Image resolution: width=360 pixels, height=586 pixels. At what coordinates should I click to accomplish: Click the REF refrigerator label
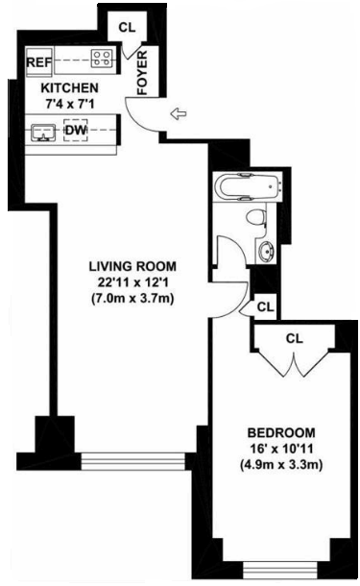pyautogui.click(x=38, y=62)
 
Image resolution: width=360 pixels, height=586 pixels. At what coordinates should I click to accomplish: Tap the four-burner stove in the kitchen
pyautogui.click(x=102, y=59)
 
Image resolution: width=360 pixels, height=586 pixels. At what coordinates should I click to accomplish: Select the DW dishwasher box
pyautogui.click(x=76, y=130)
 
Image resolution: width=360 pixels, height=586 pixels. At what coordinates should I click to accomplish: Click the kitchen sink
pyautogui.click(x=43, y=133)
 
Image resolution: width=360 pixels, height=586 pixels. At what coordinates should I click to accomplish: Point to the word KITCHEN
pyautogui.click(x=69, y=88)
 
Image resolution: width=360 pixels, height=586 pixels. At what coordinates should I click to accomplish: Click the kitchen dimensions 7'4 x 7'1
pyautogui.click(x=69, y=104)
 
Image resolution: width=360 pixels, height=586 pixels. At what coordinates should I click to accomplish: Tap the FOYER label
pyautogui.click(x=142, y=73)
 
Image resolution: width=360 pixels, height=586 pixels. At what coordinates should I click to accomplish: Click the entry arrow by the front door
pyautogui.click(x=179, y=113)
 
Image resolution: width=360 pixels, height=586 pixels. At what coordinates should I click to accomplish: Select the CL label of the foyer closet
pyautogui.click(x=127, y=27)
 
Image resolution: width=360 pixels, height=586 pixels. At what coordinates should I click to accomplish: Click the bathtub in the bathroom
pyautogui.click(x=248, y=186)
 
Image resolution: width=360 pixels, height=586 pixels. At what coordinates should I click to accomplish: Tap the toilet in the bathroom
pyautogui.click(x=257, y=218)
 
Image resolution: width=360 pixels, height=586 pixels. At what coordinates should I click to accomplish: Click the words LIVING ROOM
pyautogui.click(x=132, y=266)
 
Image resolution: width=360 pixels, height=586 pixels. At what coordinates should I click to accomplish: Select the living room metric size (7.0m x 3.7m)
pyautogui.click(x=132, y=299)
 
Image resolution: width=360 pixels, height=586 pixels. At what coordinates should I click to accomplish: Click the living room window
pyautogui.click(x=132, y=461)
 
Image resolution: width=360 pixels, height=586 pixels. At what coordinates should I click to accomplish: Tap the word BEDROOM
pyautogui.click(x=281, y=432)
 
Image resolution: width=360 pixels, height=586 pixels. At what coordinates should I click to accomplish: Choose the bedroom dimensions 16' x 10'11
pyautogui.click(x=281, y=449)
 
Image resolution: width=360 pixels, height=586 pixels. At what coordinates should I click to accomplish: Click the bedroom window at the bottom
pyautogui.click(x=280, y=570)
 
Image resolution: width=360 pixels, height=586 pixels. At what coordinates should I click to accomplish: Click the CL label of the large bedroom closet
pyautogui.click(x=295, y=338)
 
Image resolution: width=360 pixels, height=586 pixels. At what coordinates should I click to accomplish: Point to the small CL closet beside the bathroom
pyautogui.click(x=266, y=306)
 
